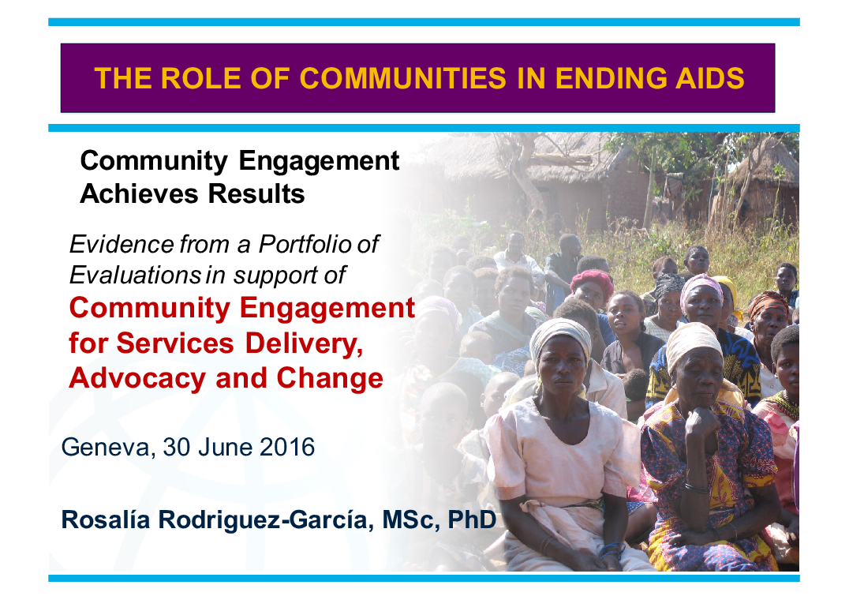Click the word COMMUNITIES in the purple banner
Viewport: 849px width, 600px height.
tap(403, 78)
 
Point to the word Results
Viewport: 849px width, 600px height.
tap(256, 193)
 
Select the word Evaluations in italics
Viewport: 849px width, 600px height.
tap(136, 275)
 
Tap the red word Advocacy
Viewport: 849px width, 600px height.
tap(137, 378)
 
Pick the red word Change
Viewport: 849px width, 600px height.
tap(330, 378)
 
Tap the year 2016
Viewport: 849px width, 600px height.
tap(287, 447)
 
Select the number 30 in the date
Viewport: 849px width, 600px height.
tap(177, 447)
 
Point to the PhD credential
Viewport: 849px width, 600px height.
tap(472, 519)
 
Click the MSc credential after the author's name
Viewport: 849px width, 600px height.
tap(410, 520)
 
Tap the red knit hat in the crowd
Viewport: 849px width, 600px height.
tap(591, 279)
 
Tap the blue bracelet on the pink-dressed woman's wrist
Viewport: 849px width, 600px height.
tap(611, 549)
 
